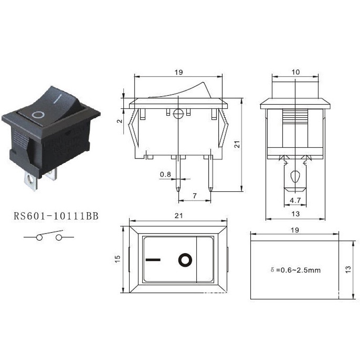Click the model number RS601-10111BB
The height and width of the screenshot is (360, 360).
[56, 216]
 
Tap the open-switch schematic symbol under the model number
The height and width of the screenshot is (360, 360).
[49, 236]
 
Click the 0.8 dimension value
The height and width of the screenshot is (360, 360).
[165, 174]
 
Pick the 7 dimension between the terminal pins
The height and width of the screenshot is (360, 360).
[194, 195]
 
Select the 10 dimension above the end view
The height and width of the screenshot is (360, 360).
[295, 72]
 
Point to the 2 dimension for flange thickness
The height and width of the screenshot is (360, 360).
[119, 121]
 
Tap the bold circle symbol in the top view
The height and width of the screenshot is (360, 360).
[185, 260]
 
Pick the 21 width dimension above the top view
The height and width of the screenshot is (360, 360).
[178, 216]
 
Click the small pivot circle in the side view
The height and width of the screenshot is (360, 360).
[179, 113]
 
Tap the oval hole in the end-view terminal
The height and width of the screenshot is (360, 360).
[295, 177]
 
